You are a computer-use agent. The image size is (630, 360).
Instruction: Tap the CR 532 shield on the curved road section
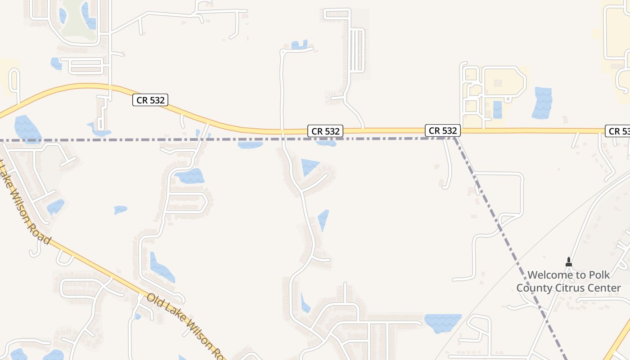(150, 100)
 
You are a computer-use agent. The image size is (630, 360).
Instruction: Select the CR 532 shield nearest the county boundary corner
(443, 130)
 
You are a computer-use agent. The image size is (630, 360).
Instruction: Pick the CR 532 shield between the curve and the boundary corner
(326, 131)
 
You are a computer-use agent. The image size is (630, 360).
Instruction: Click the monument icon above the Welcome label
(568, 261)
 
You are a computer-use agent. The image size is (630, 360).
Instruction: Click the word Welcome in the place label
(549, 275)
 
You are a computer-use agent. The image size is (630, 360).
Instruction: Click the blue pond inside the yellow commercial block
(497, 110)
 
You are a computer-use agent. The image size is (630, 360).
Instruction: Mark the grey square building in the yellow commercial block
(498, 84)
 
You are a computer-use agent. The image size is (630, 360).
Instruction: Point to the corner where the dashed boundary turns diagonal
(454, 138)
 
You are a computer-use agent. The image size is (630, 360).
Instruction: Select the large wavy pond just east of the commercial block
(542, 103)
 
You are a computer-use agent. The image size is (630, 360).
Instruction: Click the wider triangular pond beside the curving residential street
(309, 166)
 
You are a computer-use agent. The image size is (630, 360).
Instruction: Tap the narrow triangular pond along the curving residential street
(323, 220)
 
